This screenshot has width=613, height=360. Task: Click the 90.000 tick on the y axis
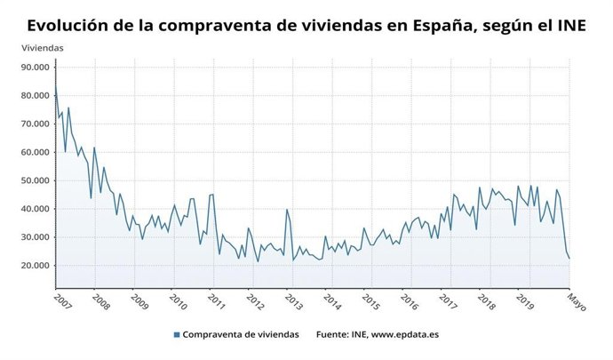(36, 67)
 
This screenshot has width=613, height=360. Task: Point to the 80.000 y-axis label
(36, 95)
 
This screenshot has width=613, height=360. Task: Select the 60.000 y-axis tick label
(36, 152)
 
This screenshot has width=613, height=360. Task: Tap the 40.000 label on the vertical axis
(36, 209)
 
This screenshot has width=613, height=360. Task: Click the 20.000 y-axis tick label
(36, 266)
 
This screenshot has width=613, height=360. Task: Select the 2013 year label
(294, 302)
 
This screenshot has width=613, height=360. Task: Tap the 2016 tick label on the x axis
(410, 302)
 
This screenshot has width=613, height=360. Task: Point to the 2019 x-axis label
(525, 302)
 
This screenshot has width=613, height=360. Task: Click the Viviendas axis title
(42, 46)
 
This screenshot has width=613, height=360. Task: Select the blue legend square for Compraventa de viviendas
(177, 334)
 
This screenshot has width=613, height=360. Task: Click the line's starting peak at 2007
(56, 90)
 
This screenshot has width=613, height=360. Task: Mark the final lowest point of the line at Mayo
(569, 259)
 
